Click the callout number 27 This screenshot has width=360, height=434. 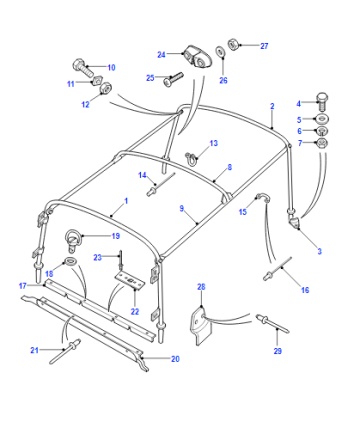(x=264, y=46)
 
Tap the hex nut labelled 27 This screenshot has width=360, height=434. (x=232, y=44)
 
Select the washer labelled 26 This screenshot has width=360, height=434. (x=220, y=52)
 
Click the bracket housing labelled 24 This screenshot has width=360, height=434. (x=196, y=57)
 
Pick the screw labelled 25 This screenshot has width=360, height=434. (x=173, y=79)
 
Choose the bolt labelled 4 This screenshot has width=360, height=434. (x=322, y=102)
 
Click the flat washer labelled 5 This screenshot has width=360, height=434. (x=322, y=119)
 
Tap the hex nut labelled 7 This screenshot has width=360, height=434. (x=322, y=143)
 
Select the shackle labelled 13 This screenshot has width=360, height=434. (x=191, y=158)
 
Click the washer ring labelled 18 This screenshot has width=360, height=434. (x=70, y=261)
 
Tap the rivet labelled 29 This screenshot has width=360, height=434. (x=272, y=323)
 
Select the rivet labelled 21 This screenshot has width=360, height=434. (x=65, y=351)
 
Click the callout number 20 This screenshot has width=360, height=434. (x=175, y=359)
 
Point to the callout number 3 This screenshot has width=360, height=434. (x=319, y=251)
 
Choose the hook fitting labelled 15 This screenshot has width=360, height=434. (x=263, y=197)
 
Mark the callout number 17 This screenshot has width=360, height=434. (x=23, y=286)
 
